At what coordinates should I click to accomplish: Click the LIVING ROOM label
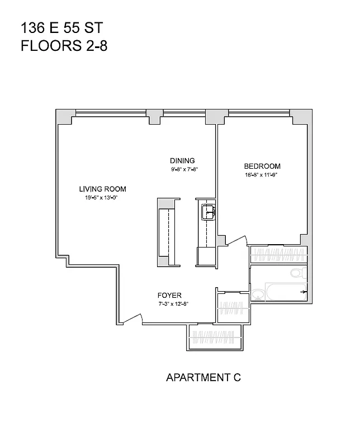(x=102, y=189)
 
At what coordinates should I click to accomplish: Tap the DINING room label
(x=183, y=161)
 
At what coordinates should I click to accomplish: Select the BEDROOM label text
(x=262, y=166)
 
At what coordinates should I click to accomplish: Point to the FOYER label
(x=169, y=296)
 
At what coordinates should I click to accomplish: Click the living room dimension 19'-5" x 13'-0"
(x=102, y=197)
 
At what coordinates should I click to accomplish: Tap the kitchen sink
(x=208, y=212)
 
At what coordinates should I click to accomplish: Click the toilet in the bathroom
(x=299, y=273)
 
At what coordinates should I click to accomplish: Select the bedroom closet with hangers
(x=278, y=255)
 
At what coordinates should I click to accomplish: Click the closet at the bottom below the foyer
(x=215, y=337)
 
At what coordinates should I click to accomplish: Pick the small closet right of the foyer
(x=232, y=306)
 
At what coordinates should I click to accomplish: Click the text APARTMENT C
(x=203, y=378)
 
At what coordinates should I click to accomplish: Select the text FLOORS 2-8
(x=64, y=46)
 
